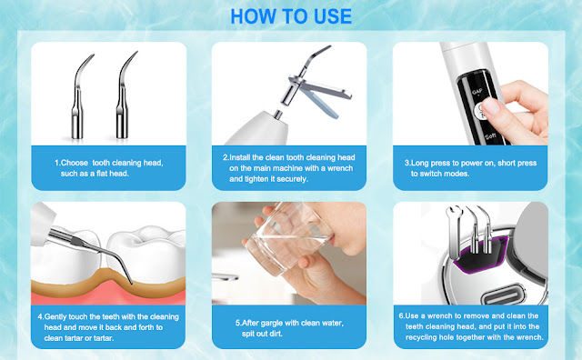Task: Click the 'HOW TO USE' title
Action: (291, 16)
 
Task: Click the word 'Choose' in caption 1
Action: (75, 163)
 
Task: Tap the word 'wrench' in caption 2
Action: (340, 168)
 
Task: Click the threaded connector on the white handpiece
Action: (278, 115)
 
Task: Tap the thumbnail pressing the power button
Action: (492, 106)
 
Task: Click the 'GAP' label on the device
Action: (477, 91)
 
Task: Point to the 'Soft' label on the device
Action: (491, 136)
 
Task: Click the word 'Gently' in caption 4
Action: (55, 317)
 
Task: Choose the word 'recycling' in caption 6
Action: (421, 338)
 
